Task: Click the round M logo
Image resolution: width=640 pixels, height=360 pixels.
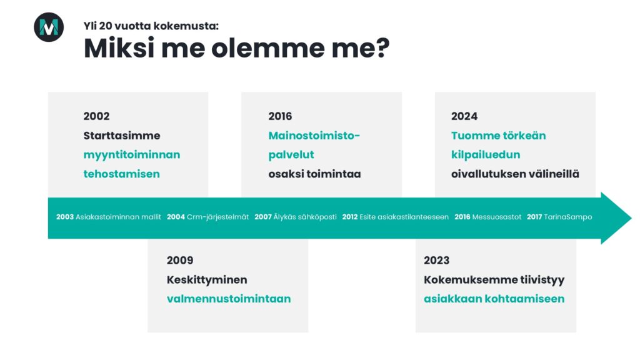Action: pos(49,27)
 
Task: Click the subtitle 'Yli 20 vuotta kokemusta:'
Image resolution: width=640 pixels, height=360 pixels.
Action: pos(151,26)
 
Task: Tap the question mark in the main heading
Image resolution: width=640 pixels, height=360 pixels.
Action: pos(381,47)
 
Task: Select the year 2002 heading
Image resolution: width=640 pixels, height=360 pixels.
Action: pos(96,116)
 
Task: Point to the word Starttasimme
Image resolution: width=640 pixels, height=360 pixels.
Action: pos(122,136)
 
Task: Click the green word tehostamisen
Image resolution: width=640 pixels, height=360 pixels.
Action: pos(122,174)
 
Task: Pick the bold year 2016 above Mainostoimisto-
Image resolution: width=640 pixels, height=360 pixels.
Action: pos(280,116)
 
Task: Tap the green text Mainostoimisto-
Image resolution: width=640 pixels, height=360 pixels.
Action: pos(314,136)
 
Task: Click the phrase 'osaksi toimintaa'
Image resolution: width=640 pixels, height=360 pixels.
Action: pos(315,174)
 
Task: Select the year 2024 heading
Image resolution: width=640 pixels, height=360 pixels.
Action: pos(464,116)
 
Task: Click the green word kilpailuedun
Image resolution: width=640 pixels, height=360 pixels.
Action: pos(486,155)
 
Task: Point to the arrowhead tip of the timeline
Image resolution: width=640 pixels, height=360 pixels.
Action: pos(631,218)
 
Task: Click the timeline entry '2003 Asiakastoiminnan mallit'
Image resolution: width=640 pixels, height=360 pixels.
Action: pos(109,217)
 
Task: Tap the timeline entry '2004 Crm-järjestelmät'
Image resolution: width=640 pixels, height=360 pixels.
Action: pos(207,217)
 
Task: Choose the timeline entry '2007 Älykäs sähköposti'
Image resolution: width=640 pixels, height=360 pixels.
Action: pos(296,217)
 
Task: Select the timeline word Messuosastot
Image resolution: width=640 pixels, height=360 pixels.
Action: pos(497,217)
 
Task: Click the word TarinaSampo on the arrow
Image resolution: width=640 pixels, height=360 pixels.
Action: pos(567,217)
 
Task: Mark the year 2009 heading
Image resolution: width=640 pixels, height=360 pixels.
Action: pos(180,261)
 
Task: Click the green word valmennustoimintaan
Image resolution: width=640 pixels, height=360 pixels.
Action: pos(229,299)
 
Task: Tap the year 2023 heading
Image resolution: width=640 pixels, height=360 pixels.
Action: pos(436,261)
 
